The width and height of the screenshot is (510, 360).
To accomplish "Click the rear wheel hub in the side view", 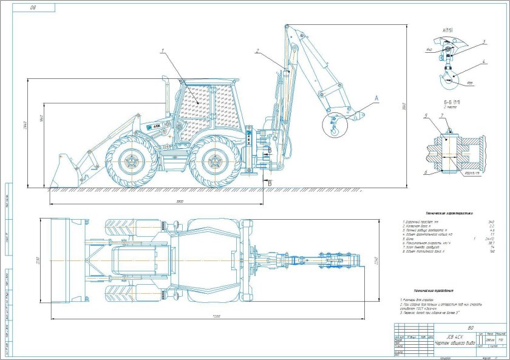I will tap(212, 161).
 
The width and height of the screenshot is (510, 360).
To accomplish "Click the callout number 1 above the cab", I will tap(162, 52).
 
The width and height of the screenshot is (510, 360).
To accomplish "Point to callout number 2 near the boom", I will tap(257, 51).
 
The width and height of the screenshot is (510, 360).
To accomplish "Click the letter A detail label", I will tap(376, 97).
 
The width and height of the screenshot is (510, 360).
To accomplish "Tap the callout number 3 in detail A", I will tap(483, 42).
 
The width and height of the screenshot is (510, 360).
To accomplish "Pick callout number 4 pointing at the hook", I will tap(483, 61).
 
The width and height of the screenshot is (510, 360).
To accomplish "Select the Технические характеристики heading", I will tap(449, 214).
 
